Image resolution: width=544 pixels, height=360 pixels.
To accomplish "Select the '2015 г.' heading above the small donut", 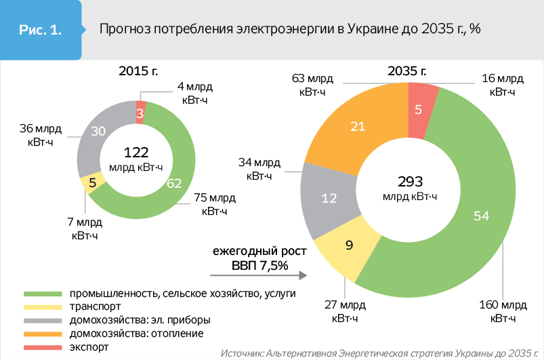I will point(137,70).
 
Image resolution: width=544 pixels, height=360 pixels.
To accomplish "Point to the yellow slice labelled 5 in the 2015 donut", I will point(92,182).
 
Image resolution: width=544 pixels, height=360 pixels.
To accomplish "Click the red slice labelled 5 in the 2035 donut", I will point(419,108).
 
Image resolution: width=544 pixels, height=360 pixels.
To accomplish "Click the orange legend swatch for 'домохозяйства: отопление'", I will point(41,334).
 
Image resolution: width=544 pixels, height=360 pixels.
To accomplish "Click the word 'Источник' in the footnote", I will point(243,353).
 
